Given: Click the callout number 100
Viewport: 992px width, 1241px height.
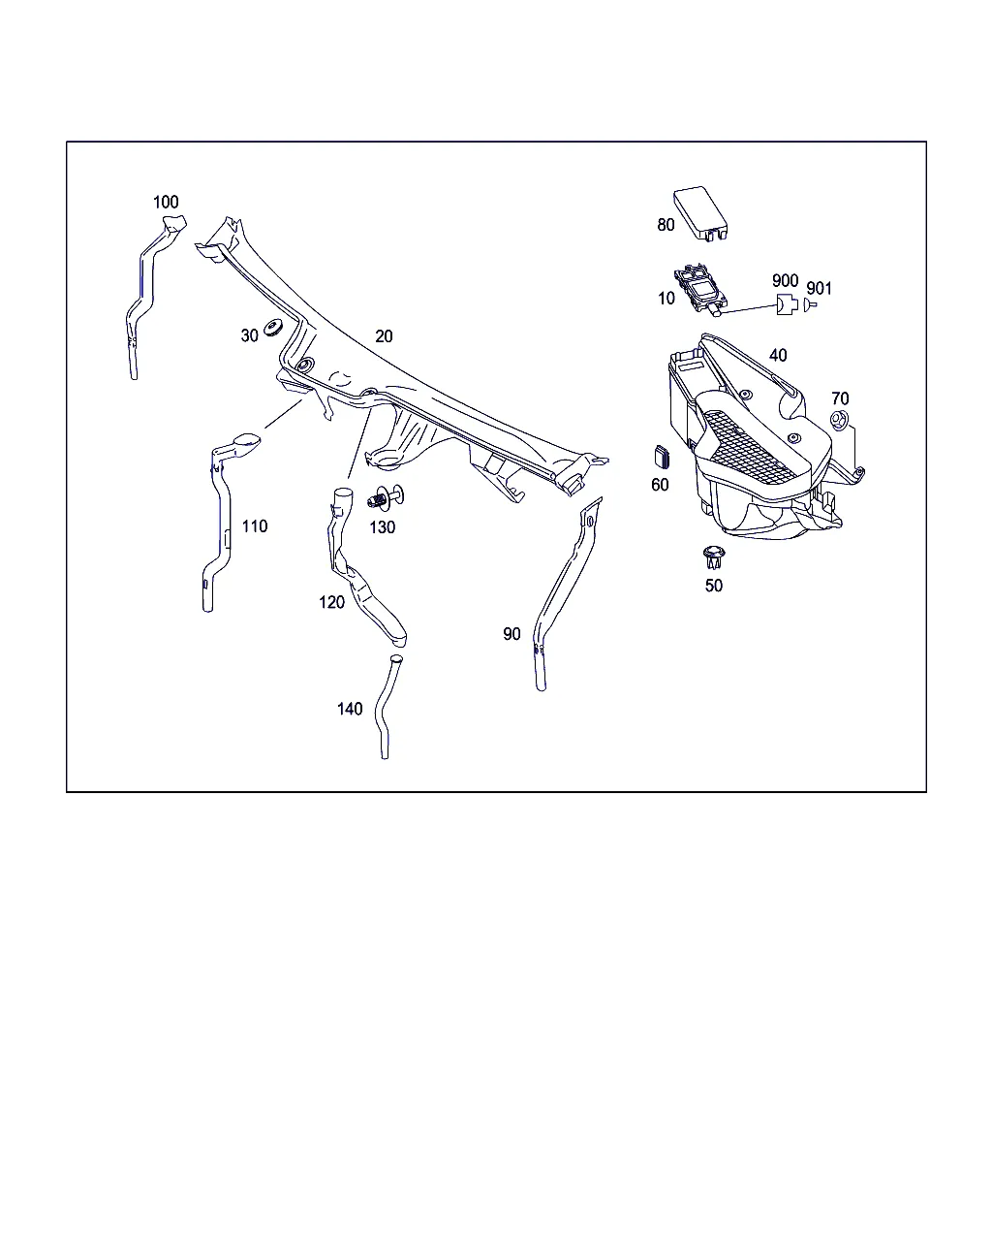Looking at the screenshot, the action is coord(166,202).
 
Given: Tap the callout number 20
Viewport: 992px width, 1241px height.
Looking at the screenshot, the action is coord(384,335).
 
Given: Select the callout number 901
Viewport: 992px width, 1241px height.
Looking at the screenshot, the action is coord(819,288).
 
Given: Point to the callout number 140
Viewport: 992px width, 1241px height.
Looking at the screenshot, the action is coord(350,708).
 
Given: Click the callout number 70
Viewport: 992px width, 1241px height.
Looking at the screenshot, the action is coord(840,398).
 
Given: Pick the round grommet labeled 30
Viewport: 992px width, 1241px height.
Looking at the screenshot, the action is coord(272,328).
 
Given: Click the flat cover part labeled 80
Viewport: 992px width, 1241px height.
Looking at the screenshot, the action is coord(699,212).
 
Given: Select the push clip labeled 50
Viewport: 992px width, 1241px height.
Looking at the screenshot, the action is coord(714,557).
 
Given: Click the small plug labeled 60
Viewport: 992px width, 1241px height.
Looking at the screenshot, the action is coord(663,456).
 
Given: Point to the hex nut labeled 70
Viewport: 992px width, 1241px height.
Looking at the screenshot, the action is coord(839,420).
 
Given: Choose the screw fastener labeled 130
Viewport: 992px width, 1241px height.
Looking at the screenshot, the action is coord(386,497).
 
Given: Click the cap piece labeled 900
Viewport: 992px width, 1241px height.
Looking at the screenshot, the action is coord(787,303).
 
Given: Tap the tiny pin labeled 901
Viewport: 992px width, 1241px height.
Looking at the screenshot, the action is coord(810,304).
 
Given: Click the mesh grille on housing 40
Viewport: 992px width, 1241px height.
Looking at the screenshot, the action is coord(750,447).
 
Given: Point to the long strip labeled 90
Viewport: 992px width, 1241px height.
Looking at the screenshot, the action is coord(566,594).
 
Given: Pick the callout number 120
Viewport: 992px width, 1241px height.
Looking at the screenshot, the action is coord(331,602).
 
